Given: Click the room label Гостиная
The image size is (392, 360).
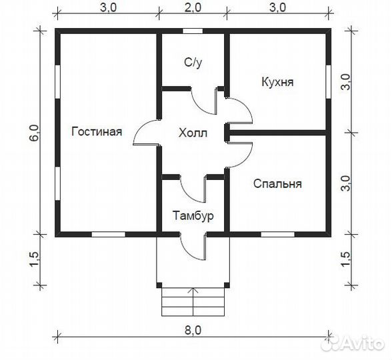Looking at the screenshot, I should [96, 131].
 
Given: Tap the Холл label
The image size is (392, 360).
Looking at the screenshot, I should [193, 133].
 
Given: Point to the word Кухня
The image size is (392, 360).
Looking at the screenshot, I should [277, 82].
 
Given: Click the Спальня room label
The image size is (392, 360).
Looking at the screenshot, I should [277, 183].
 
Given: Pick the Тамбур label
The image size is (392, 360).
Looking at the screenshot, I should [193, 216].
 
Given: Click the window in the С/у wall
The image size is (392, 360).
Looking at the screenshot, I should [193, 31].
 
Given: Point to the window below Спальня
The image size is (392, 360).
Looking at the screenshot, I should [277, 234].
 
